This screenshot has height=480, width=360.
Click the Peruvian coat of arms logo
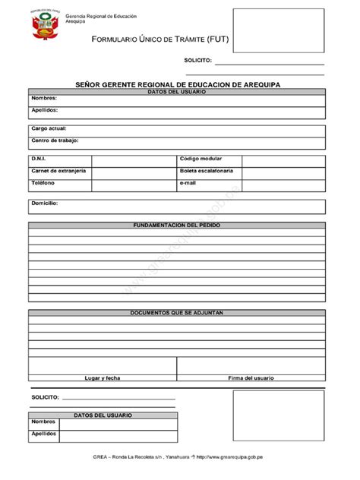point(42,27)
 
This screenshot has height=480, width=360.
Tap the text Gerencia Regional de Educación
point(96,16)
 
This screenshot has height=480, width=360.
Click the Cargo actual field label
point(49,128)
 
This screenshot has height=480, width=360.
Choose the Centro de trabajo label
point(55,141)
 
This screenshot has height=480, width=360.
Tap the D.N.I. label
point(39,159)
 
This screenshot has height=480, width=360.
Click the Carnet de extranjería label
point(58,171)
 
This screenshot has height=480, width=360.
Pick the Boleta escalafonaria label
point(207,171)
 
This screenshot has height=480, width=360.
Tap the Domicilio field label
point(45,204)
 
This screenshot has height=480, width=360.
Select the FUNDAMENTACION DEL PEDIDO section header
point(177,226)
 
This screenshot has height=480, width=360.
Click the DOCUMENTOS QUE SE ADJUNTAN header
point(177,312)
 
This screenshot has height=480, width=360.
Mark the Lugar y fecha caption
point(103,377)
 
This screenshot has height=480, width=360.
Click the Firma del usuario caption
point(251,377)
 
